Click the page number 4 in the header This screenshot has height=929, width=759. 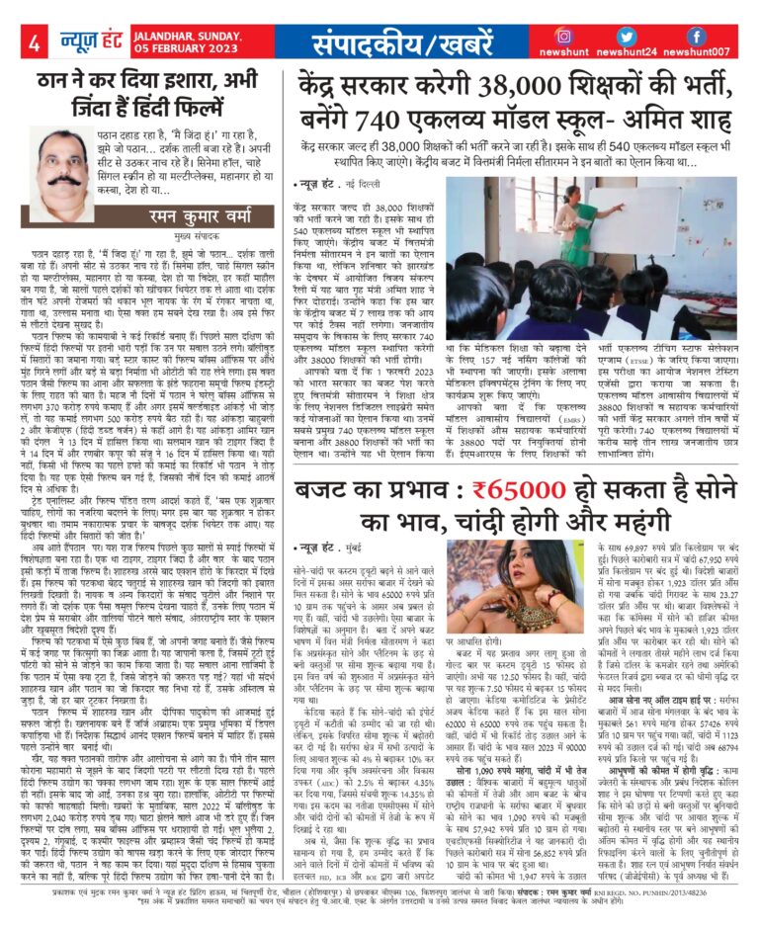tap(34, 42)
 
